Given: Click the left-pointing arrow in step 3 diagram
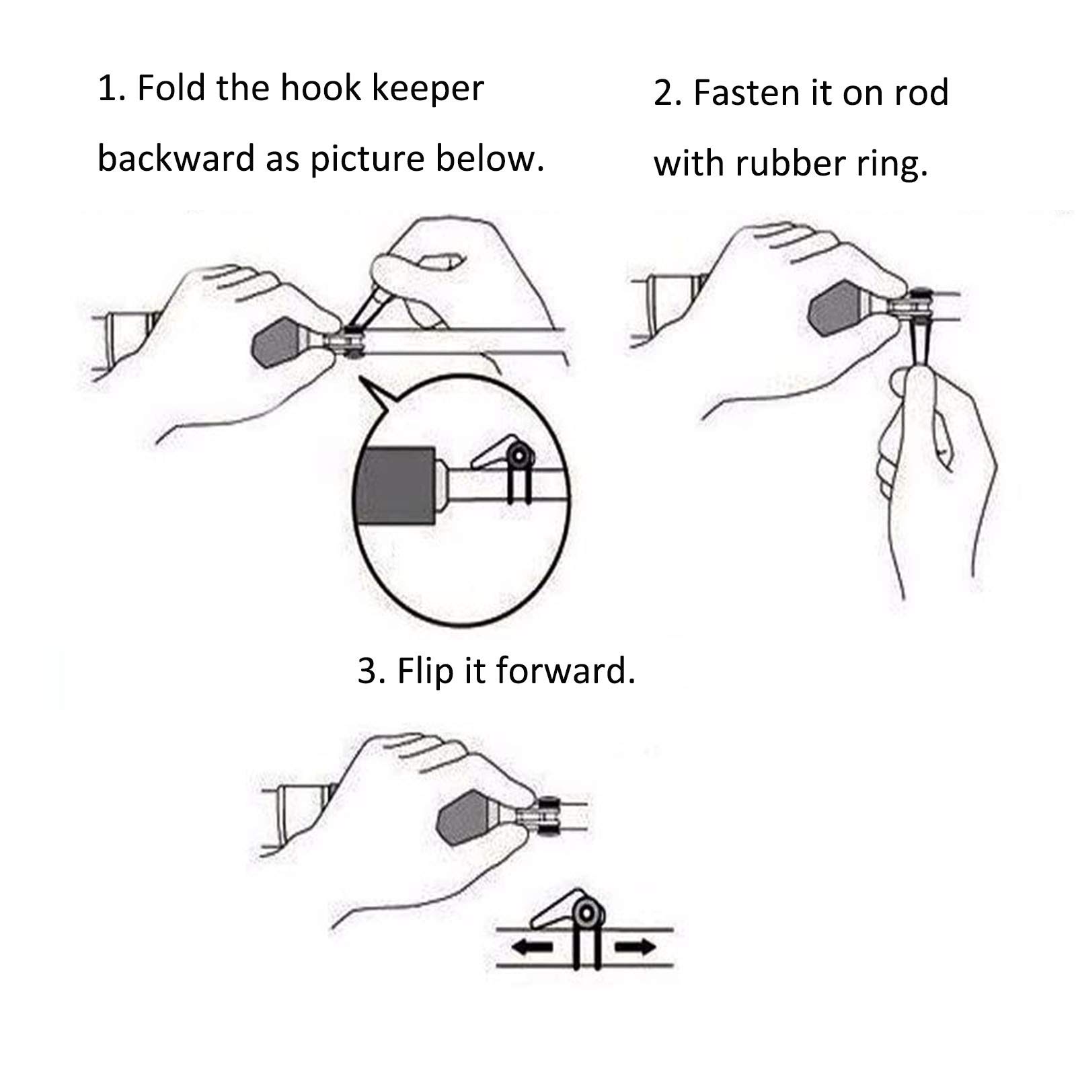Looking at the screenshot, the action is coord(532,948).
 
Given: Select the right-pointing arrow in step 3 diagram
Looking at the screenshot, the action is coord(635,948).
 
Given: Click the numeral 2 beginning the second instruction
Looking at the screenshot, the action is coord(664,93).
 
